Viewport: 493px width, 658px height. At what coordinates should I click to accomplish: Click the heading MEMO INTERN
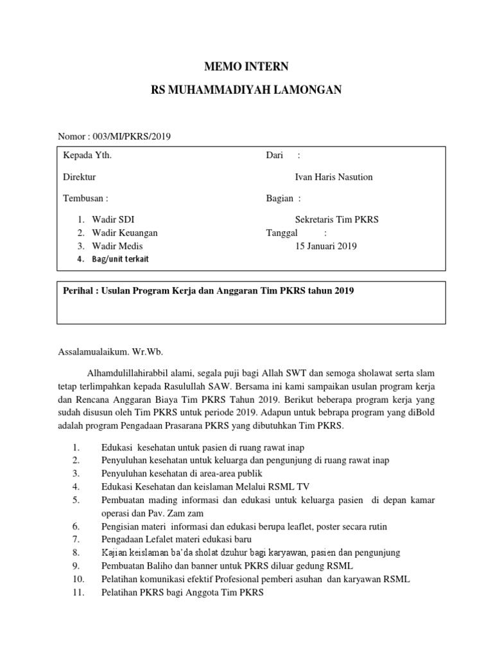[246, 66]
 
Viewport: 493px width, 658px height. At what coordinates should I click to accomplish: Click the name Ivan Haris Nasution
[333, 177]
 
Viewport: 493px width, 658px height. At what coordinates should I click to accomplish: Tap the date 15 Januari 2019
[325, 246]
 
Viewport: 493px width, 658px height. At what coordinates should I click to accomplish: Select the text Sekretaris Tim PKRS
[336, 219]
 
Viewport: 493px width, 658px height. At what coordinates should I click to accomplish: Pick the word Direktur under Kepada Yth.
[79, 177]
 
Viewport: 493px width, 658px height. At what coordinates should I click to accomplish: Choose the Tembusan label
[85, 199]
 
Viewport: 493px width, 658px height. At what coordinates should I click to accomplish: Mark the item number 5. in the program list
[76, 500]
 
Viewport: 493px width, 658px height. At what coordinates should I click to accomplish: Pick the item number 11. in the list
[77, 592]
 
